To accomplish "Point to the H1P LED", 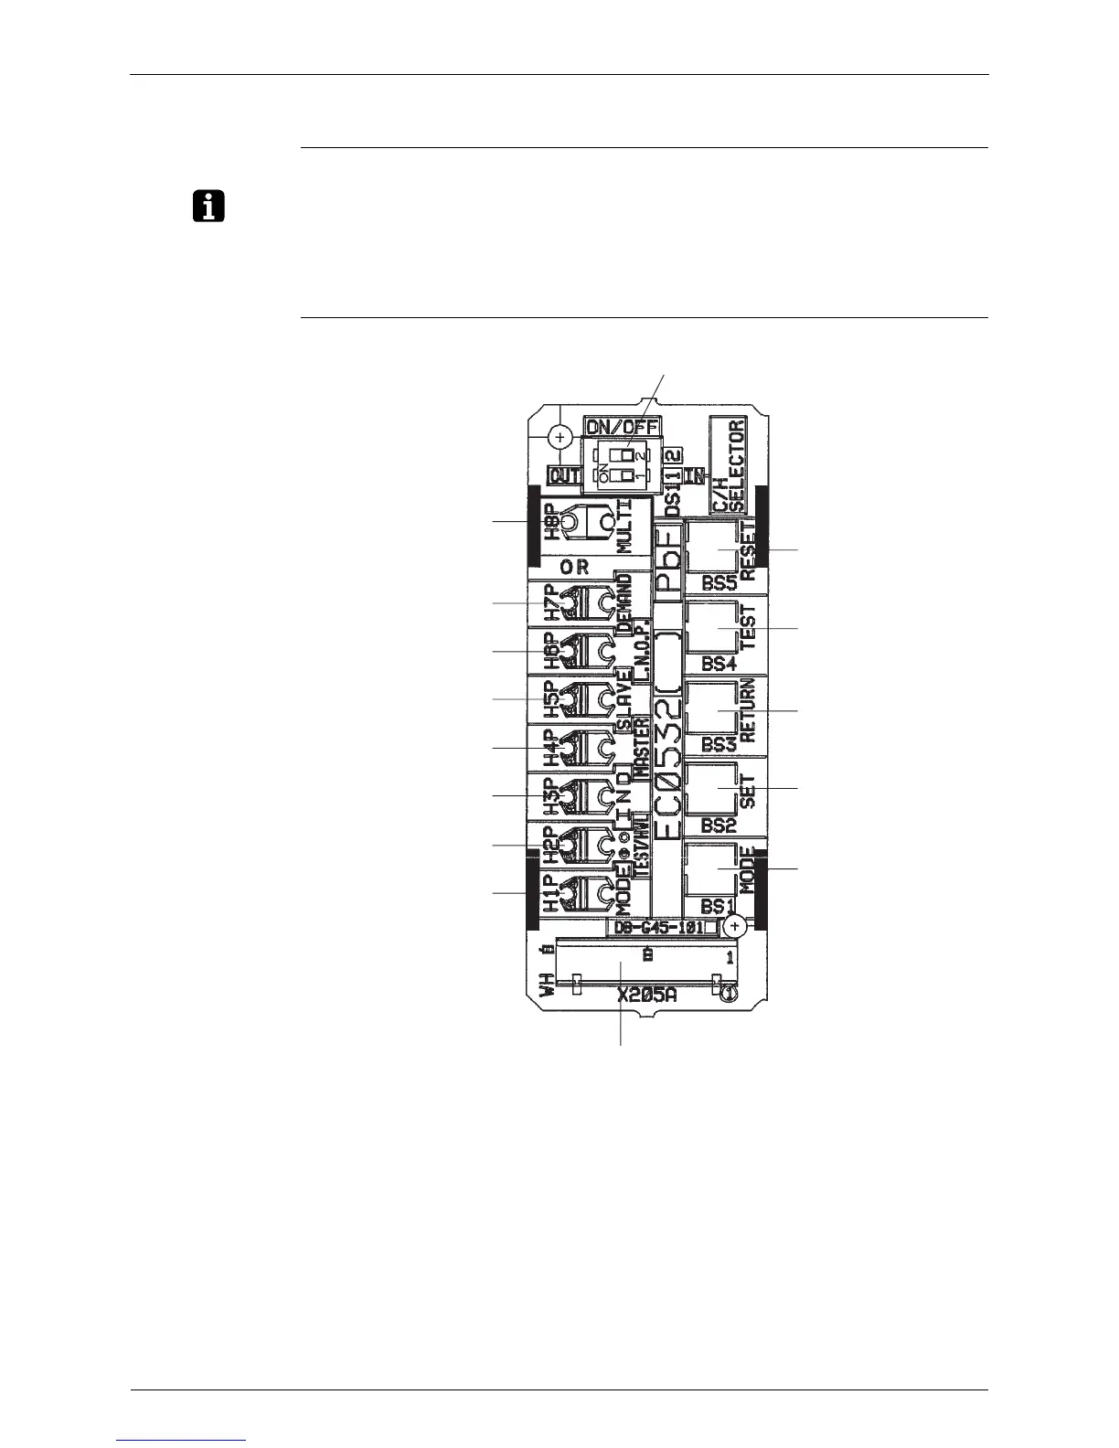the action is point(569,891).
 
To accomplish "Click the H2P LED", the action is point(569,845).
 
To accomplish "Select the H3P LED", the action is point(569,796).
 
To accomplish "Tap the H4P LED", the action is point(569,749).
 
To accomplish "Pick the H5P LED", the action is point(569,699).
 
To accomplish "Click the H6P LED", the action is point(569,651).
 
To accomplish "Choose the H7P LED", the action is point(569,603).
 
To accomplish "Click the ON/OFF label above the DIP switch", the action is point(622,426).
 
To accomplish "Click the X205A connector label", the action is point(646,996).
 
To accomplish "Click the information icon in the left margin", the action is point(209,208).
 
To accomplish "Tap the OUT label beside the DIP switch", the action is point(564,476).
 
